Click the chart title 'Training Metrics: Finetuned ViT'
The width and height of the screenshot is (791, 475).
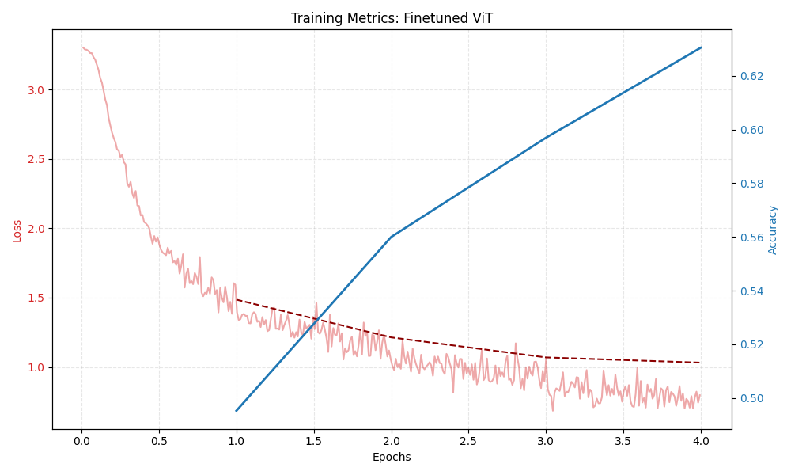pos(392,18)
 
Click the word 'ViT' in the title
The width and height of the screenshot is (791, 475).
pos(480,18)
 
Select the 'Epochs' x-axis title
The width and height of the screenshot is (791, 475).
pos(392,457)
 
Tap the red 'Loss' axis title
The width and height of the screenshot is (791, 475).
pos(17,230)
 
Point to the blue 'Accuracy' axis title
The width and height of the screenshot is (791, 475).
pos(773,230)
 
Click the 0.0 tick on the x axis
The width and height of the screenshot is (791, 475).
pos(81,441)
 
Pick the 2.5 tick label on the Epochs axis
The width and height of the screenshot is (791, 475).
pos(468,441)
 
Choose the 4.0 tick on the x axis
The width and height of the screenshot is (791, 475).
pos(701,441)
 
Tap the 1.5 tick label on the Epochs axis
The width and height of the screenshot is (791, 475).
pos(313,441)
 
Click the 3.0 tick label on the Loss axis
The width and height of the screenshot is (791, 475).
pos(35,90)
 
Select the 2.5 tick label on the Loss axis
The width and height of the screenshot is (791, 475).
pos(35,159)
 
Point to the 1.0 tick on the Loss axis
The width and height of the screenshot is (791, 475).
pos(35,367)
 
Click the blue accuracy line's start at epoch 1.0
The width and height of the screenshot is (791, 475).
pos(237,410)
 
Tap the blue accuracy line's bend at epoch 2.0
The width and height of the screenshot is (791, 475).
pos(392,237)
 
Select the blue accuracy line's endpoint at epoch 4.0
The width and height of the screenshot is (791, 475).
pos(701,47)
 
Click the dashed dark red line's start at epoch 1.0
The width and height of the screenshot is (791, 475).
pos(237,299)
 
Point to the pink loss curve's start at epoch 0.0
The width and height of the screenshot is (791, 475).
pos(82,47)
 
